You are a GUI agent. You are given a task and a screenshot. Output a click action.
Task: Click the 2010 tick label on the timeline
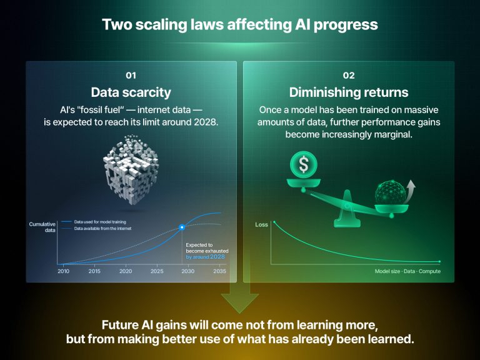click(x=63, y=271)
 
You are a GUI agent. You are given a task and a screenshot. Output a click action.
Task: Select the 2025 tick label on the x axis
click(x=157, y=271)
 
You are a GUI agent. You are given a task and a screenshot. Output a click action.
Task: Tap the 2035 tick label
click(x=219, y=271)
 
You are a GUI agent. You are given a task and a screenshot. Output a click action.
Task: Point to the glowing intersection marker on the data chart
click(x=182, y=227)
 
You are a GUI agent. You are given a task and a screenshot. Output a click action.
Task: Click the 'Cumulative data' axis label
click(x=42, y=227)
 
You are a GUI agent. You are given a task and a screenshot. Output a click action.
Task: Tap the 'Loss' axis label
click(x=261, y=225)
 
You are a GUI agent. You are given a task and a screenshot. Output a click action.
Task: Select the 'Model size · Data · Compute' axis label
click(x=407, y=271)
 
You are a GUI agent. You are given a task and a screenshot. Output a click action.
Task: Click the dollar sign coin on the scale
click(x=304, y=165)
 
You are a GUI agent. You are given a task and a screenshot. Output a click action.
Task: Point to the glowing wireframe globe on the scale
click(x=391, y=193)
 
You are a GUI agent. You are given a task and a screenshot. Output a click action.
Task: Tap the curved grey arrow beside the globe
click(x=410, y=191)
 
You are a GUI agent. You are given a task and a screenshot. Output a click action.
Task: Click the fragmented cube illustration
click(x=131, y=169)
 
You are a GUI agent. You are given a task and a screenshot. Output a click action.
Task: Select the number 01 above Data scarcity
click(x=131, y=76)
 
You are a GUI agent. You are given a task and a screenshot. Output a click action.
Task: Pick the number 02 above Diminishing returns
click(x=349, y=76)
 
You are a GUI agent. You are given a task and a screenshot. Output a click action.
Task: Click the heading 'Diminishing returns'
click(x=349, y=92)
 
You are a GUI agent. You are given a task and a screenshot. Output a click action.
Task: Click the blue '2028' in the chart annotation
click(x=217, y=257)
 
